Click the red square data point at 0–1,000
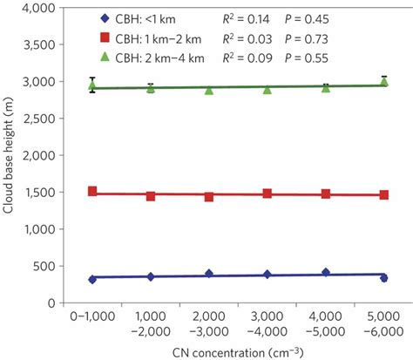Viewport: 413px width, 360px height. pos(92,192)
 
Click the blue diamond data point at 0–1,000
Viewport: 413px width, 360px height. pos(92,279)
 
